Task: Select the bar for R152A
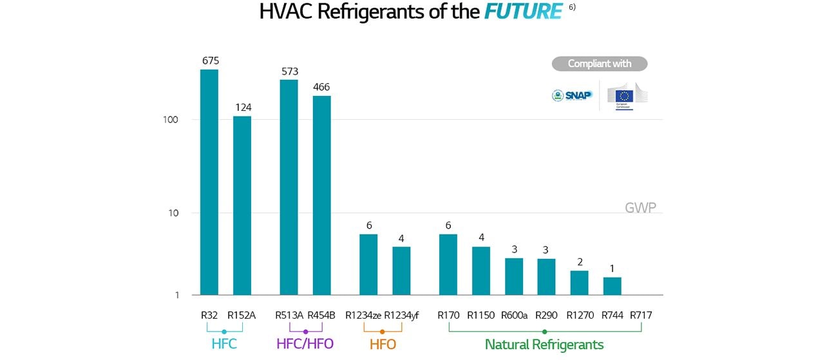(242, 205)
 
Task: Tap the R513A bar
(289, 187)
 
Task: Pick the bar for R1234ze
(368, 264)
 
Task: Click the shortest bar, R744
(612, 286)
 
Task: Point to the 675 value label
(211, 61)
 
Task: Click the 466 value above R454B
(321, 87)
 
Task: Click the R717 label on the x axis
(641, 316)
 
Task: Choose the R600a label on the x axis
(514, 316)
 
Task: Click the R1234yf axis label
(401, 316)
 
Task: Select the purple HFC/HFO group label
(305, 344)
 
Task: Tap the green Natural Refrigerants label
(544, 345)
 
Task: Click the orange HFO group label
(383, 345)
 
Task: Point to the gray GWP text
(640, 208)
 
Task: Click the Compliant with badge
(599, 64)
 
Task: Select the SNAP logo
(572, 95)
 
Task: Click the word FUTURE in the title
(523, 12)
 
